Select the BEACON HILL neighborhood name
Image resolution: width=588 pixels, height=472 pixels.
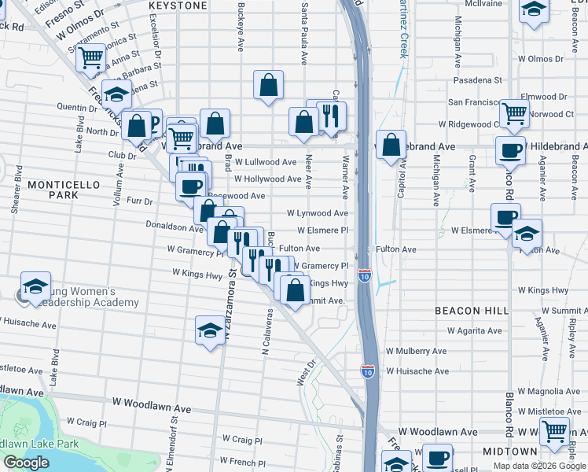(x=472, y=311)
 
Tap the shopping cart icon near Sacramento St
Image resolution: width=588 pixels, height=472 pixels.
(x=91, y=57)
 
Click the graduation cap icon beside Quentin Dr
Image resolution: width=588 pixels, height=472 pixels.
(x=116, y=94)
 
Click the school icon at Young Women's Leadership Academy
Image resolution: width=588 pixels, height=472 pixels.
(x=35, y=287)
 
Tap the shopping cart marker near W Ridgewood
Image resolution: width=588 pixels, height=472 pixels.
(x=514, y=112)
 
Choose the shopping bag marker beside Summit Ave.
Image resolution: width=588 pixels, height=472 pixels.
(x=295, y=290)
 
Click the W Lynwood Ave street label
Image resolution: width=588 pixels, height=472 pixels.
(x=317, y=213)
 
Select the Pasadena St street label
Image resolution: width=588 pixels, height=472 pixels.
(x=477, y=80)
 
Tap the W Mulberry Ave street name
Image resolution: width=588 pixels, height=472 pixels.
(x=416, y=352)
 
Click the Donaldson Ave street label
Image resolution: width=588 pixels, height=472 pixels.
(x=175, y=226)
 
